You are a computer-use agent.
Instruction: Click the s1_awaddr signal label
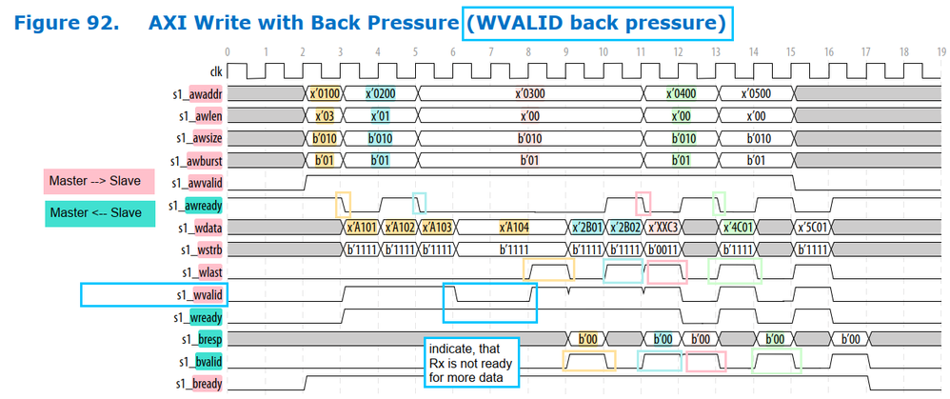pos(200,94)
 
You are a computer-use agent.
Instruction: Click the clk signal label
pos(216,71)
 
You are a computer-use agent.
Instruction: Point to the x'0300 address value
pos(528,94)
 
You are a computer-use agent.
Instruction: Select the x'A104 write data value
pos(514,228)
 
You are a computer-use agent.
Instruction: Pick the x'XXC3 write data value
pos(663,228)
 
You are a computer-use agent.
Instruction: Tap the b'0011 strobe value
pos(663,249)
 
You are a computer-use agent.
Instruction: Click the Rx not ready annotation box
pos(470,362)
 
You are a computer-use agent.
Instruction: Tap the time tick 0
pos(228,51)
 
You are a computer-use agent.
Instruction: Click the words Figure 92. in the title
pos(64,20)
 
